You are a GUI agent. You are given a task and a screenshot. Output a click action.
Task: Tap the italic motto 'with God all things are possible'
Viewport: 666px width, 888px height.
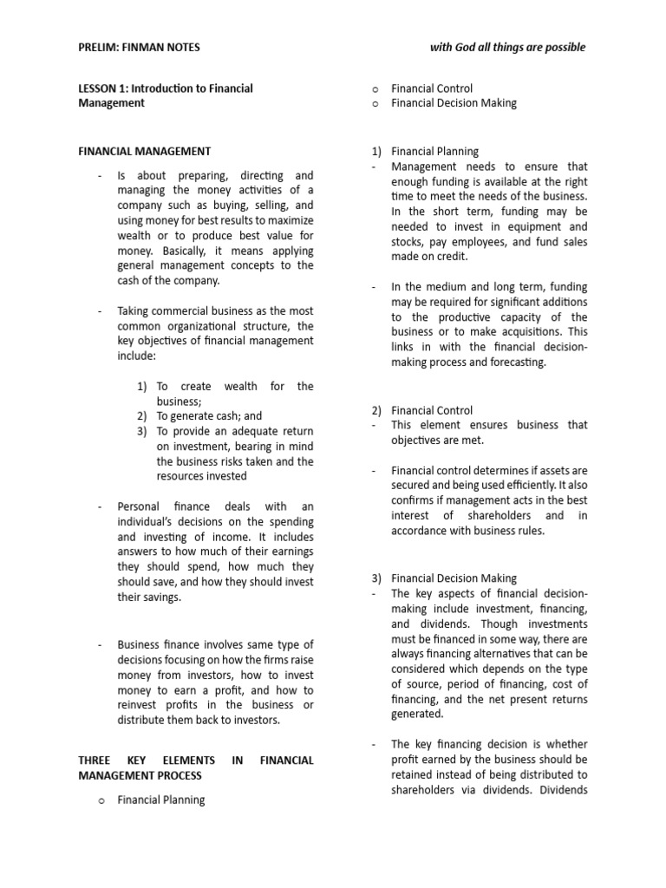tap(507, 47)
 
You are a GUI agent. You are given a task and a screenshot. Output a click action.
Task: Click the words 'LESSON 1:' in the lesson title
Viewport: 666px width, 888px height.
tap(104, 88)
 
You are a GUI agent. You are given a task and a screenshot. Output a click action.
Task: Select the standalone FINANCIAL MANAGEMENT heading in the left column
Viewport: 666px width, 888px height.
tap(144, 152)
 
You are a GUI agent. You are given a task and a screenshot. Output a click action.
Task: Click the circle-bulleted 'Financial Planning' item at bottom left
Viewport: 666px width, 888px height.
tap(161, 800)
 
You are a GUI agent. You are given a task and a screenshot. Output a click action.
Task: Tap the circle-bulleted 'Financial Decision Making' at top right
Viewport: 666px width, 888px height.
tap(454, 103)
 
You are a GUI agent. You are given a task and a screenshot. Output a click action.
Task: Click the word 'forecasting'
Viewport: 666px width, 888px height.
tap(518, 362)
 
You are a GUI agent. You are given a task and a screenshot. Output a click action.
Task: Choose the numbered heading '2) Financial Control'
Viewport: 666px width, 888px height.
tap(432, 410)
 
